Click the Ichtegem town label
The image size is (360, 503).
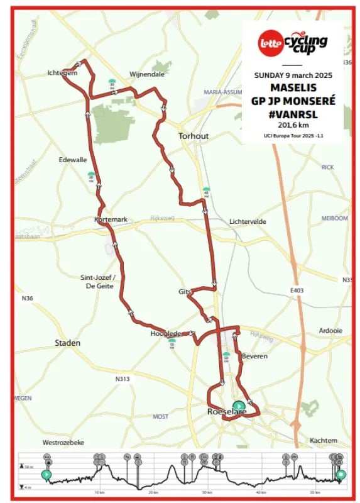click(x=62, y=73)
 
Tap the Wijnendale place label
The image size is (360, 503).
click(x=146, y=74)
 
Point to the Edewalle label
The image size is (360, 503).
click(x=72, y=160)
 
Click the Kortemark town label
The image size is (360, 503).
click(x=111, y=219)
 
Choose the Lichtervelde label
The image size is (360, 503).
click(x=248, y=222)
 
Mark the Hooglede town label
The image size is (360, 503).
click(x=165, y=333)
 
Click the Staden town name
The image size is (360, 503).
click(x=68, y=343)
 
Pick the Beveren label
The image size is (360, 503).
click(x=254, y=357)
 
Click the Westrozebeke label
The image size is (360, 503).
click(x=63, y=442)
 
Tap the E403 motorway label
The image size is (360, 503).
click(x=297, y=290)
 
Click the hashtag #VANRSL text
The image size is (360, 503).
click(x=293, y=114)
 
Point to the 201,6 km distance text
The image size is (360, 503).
click(x=293, y=125)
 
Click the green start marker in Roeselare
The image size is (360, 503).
click(x=239, y=406)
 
